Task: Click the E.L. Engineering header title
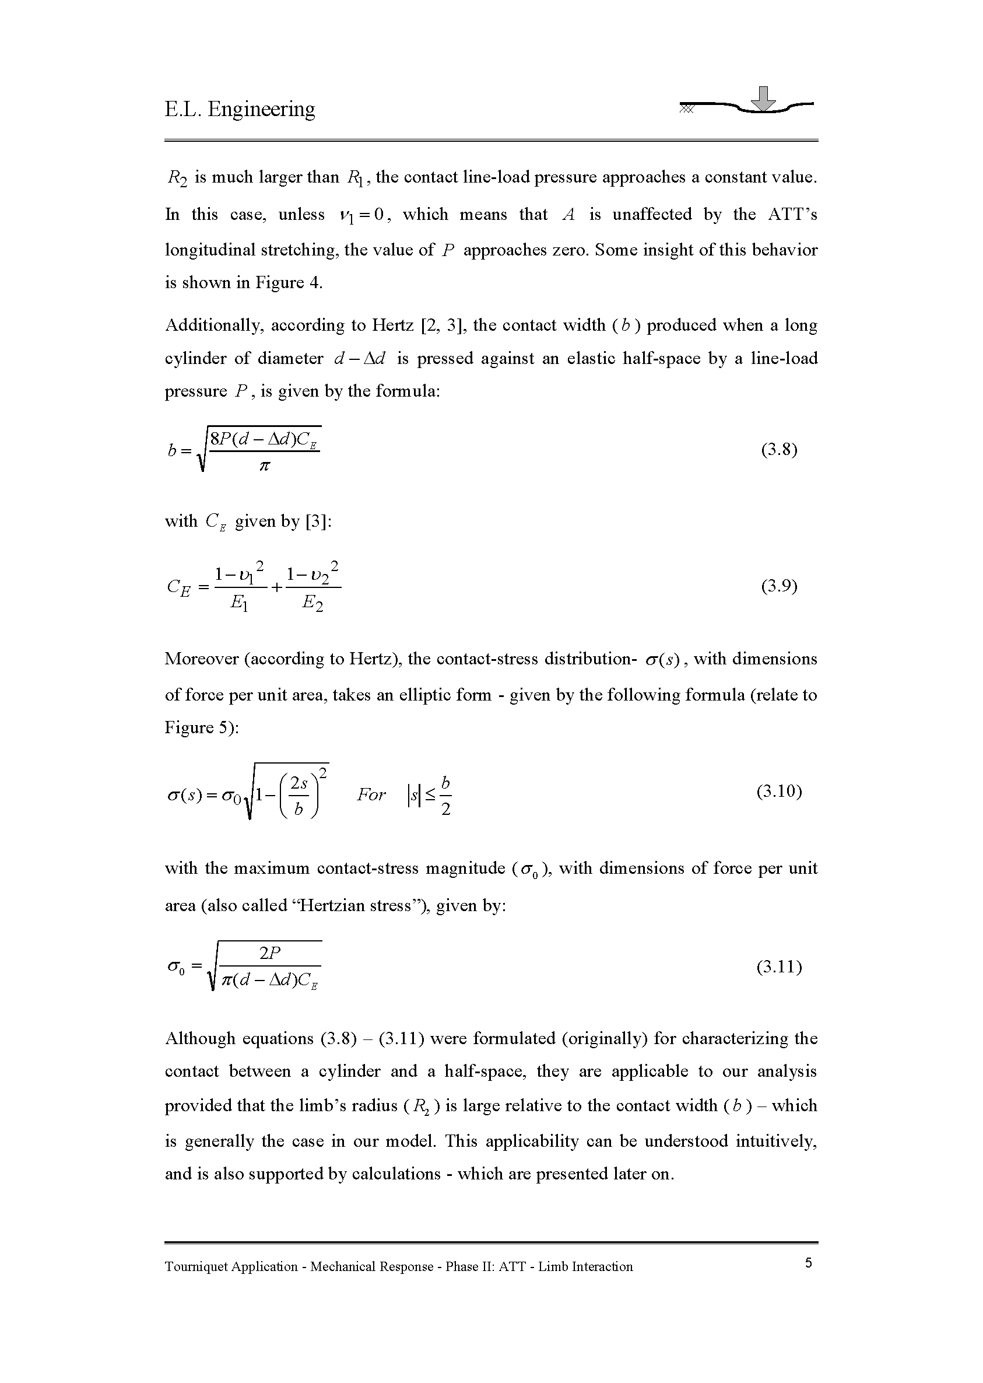pos(240,109)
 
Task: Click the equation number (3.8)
pos(779,450)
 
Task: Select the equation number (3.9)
pos(779,586)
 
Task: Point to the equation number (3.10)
pos(779,792)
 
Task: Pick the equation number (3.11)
pos(779,967)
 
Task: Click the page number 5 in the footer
pos(809,1262)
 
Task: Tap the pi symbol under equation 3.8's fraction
pos(264,466)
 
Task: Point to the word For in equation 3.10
pos(371,794)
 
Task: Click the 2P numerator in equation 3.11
pos(270,953)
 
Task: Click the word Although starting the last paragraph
pos(200,1038)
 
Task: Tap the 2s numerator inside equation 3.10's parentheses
pos(299,783)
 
